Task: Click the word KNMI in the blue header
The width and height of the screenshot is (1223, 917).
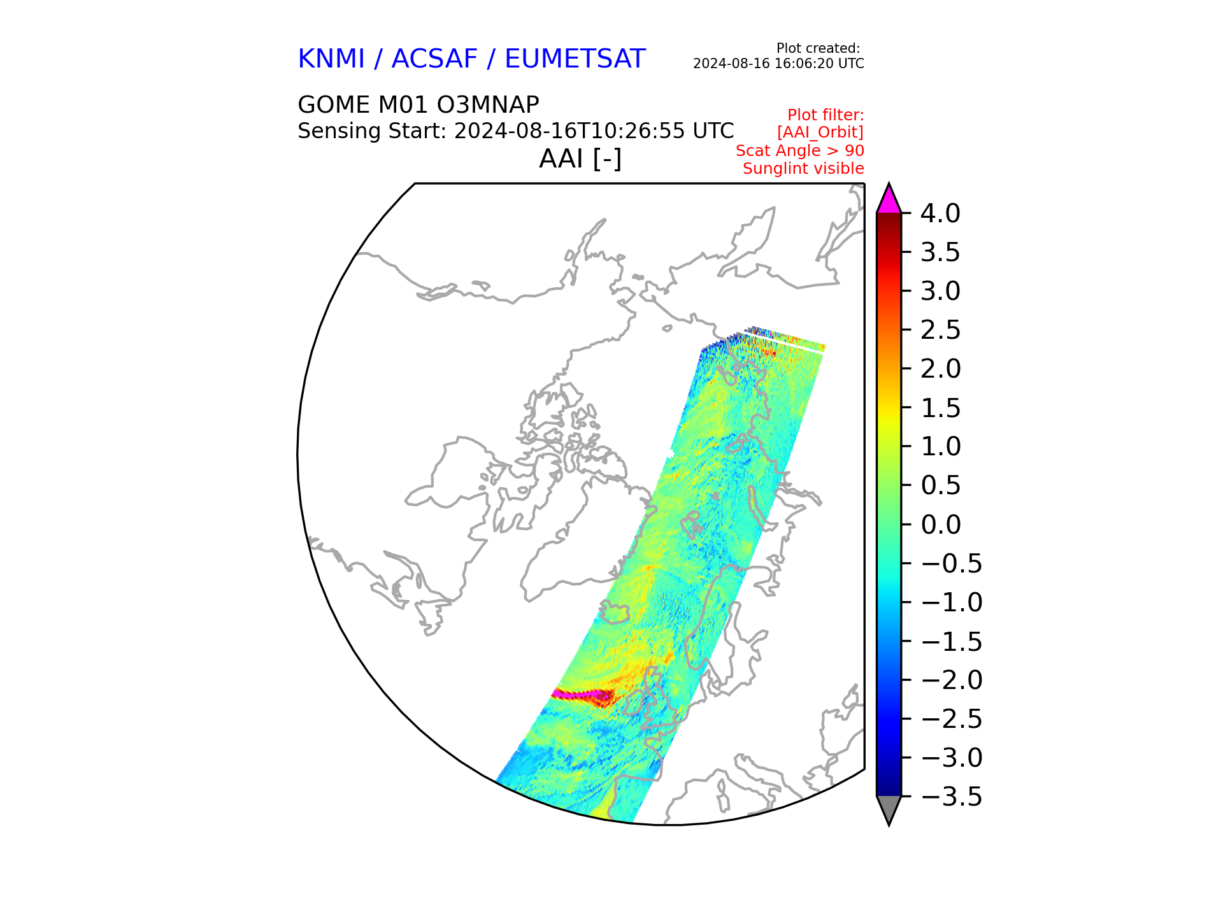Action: pyautogui.click(x=331, y=59)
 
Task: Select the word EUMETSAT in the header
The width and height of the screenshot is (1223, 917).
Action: pyautogui.click(x=575, y=59)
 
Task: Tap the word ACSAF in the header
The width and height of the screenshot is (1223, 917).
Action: pyautogui.click(x=434, y=59)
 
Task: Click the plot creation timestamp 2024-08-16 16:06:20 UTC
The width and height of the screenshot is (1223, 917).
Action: pyautogui.click(x=778, y=64)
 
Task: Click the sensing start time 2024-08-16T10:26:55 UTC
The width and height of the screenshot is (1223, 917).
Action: pyautogui.click(x=594, y=131)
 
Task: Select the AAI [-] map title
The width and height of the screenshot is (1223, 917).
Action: pyautogui.click(x=580, y=159)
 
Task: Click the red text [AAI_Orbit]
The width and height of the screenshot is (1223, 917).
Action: pyautogui.click(x=820, y=132)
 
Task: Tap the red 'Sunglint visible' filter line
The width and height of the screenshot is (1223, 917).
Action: pyautogui.click(x=803, y=169)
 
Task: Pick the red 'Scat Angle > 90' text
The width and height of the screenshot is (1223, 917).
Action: pyautogui.click(x=800, y=151)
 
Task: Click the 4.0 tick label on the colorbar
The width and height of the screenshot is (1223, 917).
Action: pyautogui.click(x=940, y=213)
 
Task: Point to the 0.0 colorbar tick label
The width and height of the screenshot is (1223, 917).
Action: pyautogui.click(x=940, y=525)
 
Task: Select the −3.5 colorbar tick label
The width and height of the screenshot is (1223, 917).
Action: pyautogui.click(x=952, y=797)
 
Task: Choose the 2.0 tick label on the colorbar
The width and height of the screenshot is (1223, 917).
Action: pyautogui.click(x=940, y=369)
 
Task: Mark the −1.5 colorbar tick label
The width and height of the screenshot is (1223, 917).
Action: pyautogui.click(x=952, y=641)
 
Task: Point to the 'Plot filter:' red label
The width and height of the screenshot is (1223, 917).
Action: pyautogui.click(x=826, y=115)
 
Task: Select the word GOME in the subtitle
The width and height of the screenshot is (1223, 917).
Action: pyautogui.click(x=334, y=104)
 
